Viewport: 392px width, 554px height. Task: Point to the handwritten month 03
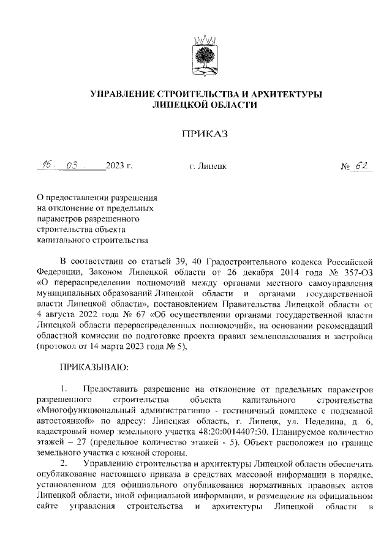click(x=74, y=165)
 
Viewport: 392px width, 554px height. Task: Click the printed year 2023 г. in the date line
click(x=118, y=166)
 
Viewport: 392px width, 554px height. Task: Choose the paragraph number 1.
click(x=64, y=390)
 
